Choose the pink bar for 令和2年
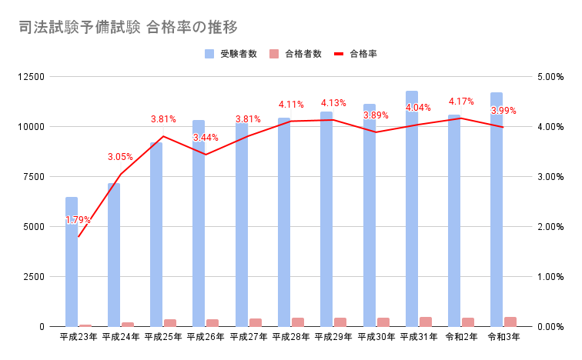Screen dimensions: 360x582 coord(467,322)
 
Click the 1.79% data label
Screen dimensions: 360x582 coord(78,220)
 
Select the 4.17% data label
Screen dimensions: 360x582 coord(461,102)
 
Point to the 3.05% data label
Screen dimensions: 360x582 coord(120,157)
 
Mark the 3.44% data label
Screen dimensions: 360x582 coord(206,138)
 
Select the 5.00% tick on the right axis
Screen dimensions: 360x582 coord(551,77)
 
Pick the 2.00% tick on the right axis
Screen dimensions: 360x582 coord(551,227)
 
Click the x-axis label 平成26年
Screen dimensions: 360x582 coord(206,337)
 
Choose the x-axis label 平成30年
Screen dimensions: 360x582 coord(376,337)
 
